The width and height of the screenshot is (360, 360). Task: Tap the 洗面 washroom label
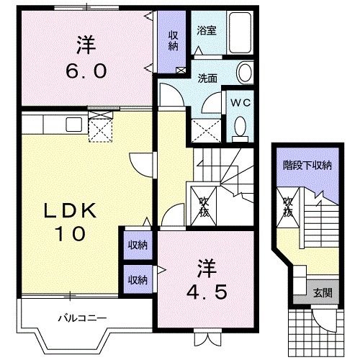tap(209, 78)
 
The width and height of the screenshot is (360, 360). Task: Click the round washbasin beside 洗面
tap(245, 73)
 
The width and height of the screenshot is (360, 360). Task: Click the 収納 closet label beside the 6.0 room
tap(174, 41)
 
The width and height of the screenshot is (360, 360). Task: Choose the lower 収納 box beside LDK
tap(138, 279)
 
